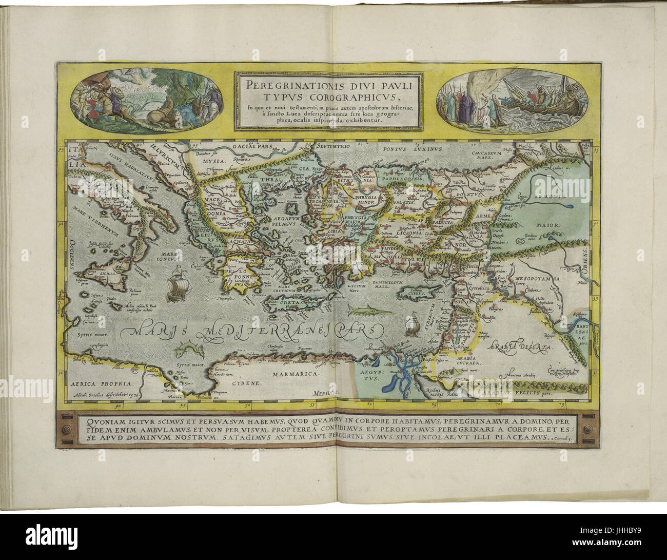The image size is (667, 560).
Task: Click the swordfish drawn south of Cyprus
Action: pos(362,310)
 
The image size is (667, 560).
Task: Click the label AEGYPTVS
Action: pos(368,374)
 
